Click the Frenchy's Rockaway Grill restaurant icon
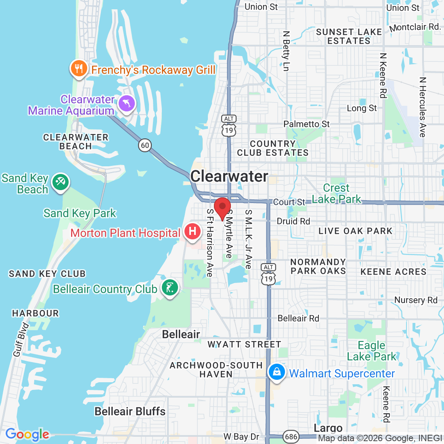coord(79,69)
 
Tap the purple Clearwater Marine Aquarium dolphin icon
coord(127,104)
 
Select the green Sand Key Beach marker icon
coord(61,182)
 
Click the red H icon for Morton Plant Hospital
coord(193,232)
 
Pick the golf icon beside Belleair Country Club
coord(170,287)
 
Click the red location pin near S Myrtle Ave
coord(222,207)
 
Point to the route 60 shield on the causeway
coord(145,145)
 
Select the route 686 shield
coord(291,436)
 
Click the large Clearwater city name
coord(229,176)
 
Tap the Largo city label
coord(328,428)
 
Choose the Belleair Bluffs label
coord(130,411)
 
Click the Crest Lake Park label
coord(336,193)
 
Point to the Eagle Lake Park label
coord(372,351)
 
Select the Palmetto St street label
coord(306,124)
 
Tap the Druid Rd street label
coord(293,221)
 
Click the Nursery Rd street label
coord(416,300)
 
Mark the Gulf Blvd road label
coord(21,340)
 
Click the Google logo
coord(27,434)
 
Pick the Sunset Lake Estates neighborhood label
coord(349,36)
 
